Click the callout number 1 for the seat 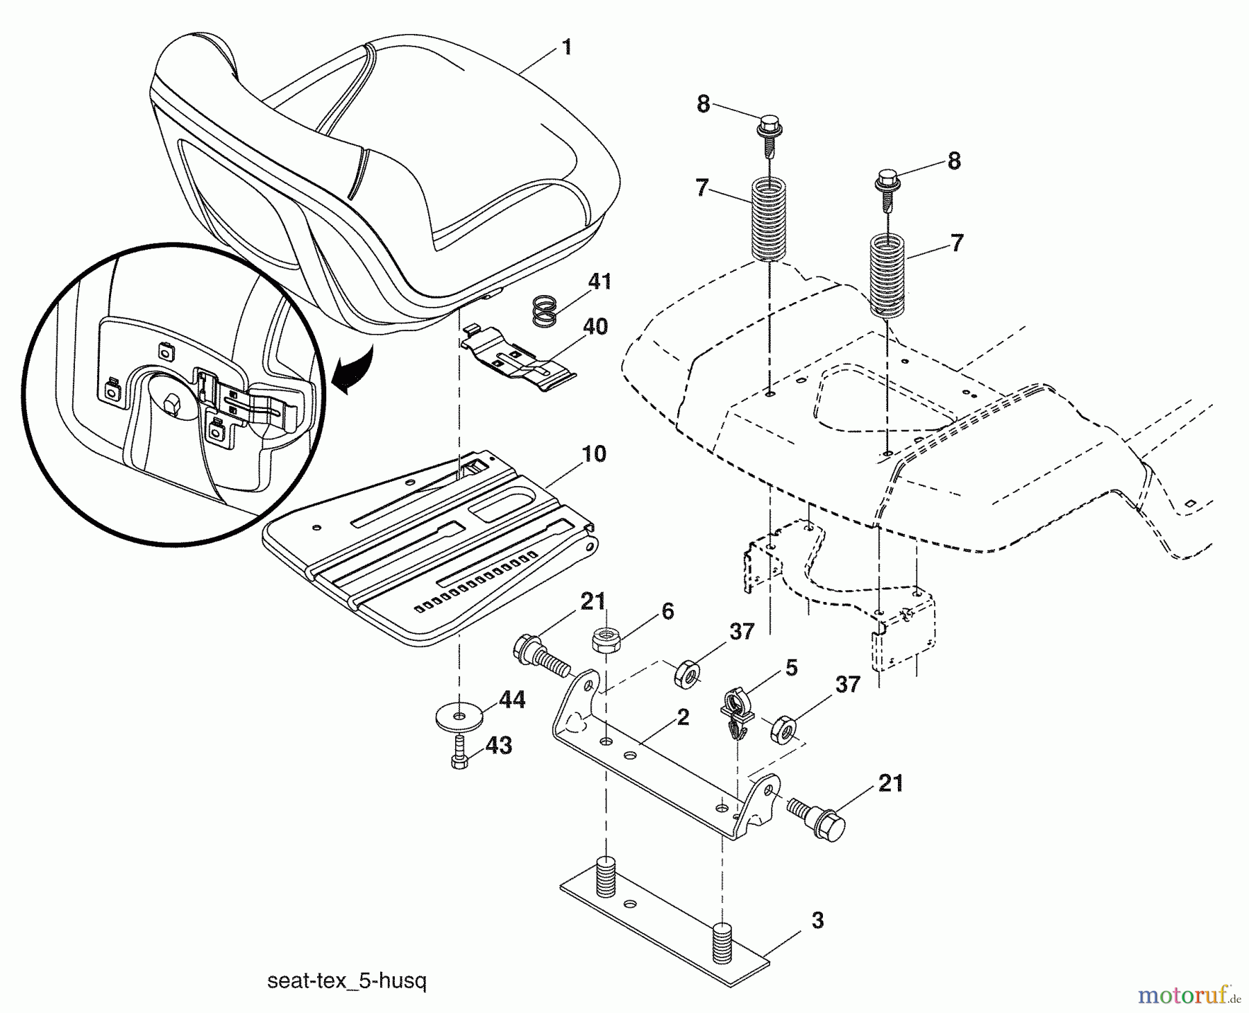567,48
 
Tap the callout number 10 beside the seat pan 593,455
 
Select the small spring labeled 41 545,310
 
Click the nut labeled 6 605,639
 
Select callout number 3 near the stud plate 817,921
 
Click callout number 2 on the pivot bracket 683,718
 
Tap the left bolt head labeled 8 767,128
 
